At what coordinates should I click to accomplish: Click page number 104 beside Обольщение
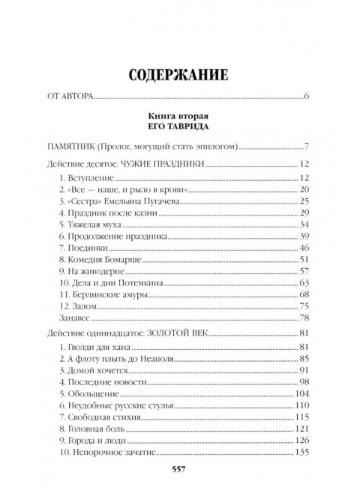click(302, 393)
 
